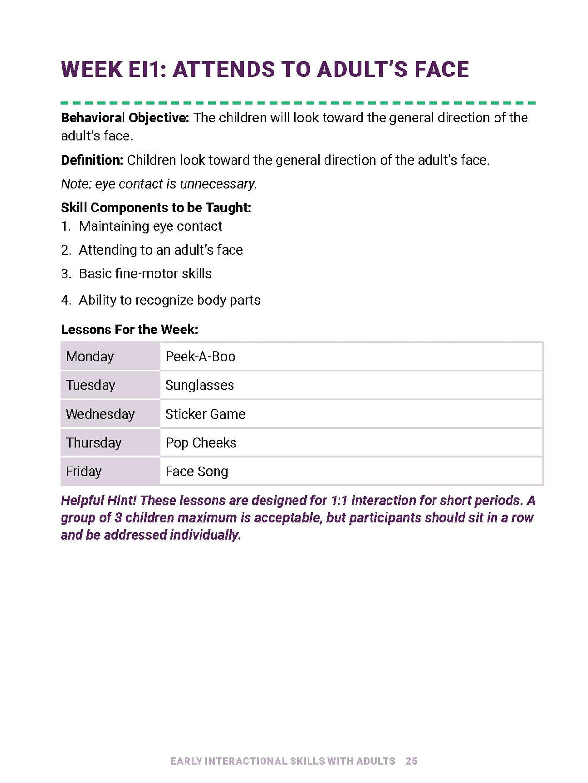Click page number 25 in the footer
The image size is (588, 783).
click(411, 761)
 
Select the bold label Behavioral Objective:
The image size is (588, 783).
click(125, 118)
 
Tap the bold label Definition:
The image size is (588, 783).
click(92, 160)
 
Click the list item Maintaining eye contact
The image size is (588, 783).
click(151, 226)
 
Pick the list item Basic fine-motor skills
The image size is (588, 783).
click(145, 274)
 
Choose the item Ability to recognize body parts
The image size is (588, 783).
click(170, 301)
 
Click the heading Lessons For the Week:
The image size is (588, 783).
click(129, 330)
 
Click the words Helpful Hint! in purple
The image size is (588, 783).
click(98, 500)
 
